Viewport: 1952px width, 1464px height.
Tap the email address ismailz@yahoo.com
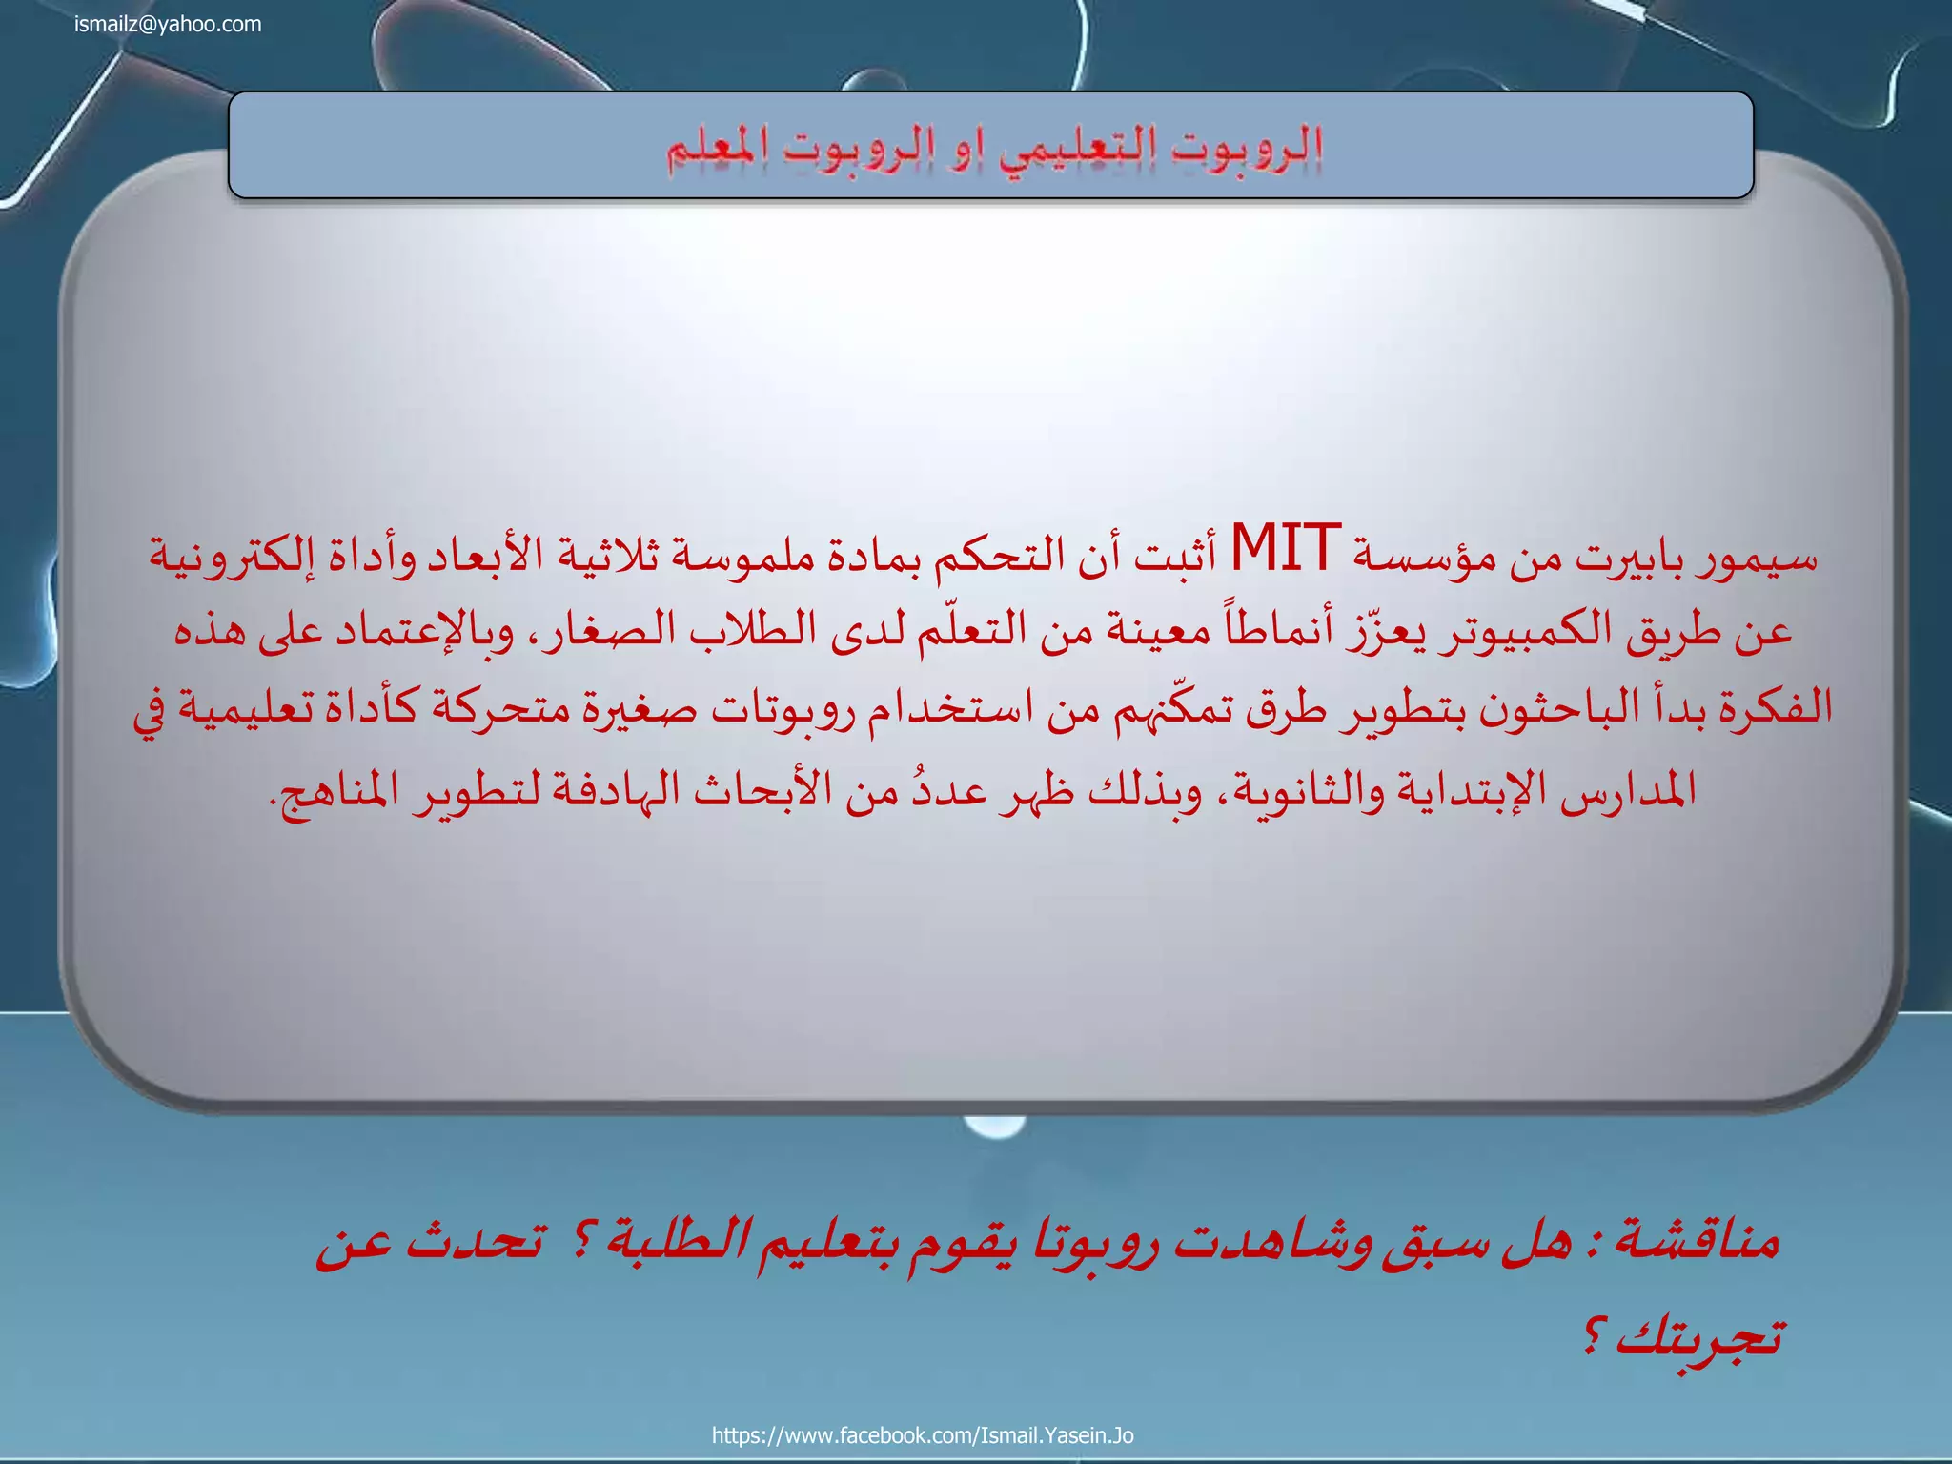click(x=168, y=25)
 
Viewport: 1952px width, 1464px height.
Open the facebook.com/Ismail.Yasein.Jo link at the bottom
click(x=923, y=1435)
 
